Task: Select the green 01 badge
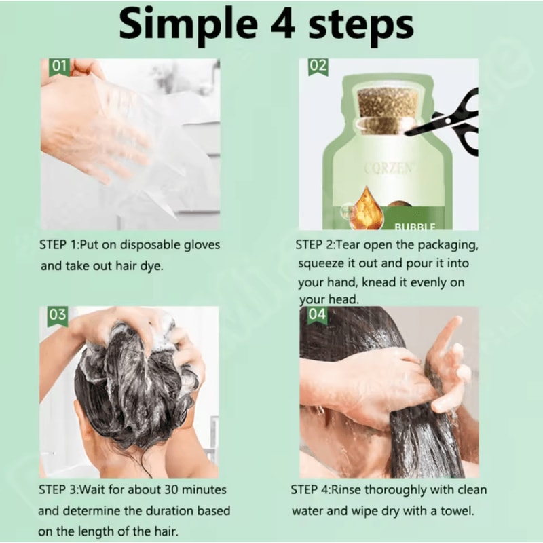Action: pos(58,67)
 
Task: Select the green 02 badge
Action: pos(318,67)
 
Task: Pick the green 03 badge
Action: pos(58,316)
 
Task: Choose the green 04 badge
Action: pos(318,315)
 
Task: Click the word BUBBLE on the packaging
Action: pos(415,225)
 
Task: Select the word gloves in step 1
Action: pos(200,244)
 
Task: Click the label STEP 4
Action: pos(312,489)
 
